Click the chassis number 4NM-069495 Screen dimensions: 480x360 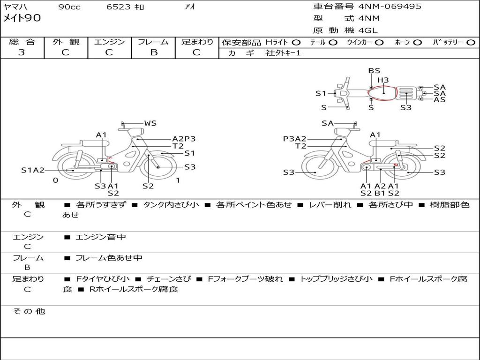pos(390,7)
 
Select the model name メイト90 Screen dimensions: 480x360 pos(22,18)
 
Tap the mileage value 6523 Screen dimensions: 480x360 pos(119,7)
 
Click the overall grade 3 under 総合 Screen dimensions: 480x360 pos(22,52)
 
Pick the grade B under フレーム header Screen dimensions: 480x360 pos(154,52)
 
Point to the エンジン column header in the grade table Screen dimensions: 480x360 pos(109,42)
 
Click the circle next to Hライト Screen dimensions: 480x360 pos(296,43)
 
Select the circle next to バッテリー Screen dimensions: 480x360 pos(471,43)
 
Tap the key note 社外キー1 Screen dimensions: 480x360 pos(283,53)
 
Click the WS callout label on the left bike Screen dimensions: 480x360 pos(150,123)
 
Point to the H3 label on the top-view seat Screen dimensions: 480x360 pos(383,80)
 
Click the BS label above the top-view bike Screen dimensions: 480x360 pos(374,71)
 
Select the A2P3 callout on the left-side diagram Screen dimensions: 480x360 pos(184,139)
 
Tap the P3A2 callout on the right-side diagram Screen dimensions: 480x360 pos(294,139)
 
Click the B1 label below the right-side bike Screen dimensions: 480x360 pos(380,193)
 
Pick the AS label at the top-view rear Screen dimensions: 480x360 pos(440,99)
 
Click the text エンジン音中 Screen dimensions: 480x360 pos(100,237)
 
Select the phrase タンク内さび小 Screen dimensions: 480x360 pos(171,204)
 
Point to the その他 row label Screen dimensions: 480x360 pos(29,311)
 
